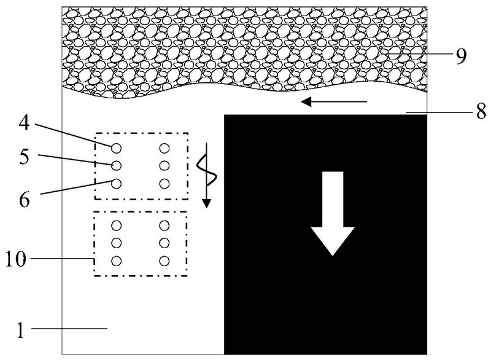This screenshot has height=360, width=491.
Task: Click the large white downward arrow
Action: click(x=332, y=213)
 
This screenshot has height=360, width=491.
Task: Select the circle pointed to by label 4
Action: click(x=115, y=147)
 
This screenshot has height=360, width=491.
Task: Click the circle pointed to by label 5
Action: click(x=115, y=165)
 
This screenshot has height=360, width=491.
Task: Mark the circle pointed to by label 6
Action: click(x=115, y=183)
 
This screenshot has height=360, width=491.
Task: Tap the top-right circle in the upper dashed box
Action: click(x=164, y=147)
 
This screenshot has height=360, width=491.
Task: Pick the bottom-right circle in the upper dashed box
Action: click(x=164, y=183)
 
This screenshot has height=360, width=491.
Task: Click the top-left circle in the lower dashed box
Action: click(x=115, y=225)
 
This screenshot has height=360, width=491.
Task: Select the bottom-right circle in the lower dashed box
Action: click(x=164, y=261)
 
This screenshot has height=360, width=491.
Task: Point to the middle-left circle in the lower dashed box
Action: click(x=115, y=243)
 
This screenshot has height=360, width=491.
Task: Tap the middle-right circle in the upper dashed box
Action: click(x=164, y=165)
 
